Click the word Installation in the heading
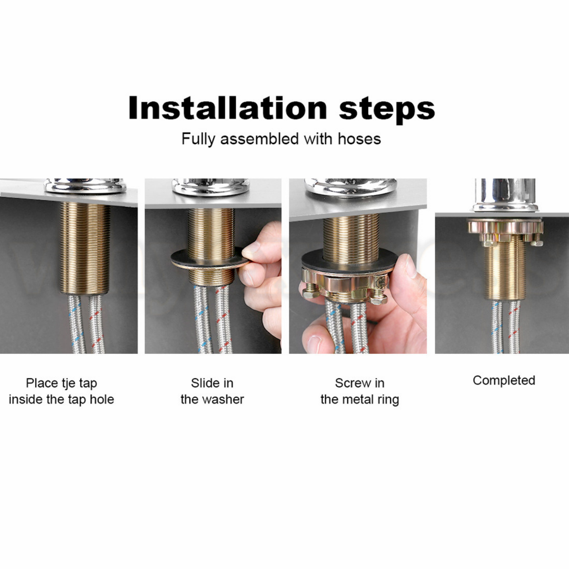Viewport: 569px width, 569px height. point(228,108)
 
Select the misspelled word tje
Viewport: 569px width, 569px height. point(69,384)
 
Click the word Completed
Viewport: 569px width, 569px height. point(504,381)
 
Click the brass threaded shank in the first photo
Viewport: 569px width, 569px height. point(85,248)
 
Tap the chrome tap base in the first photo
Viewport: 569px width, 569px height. point(85,186)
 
